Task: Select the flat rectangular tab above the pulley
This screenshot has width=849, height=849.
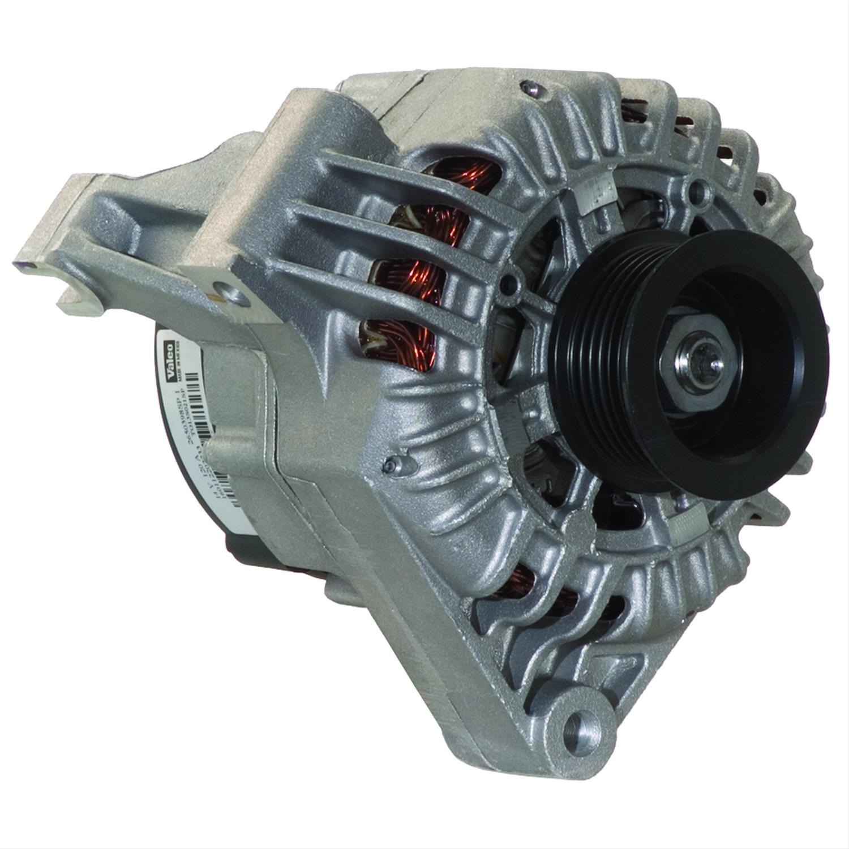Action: click(x=594, y=195)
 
